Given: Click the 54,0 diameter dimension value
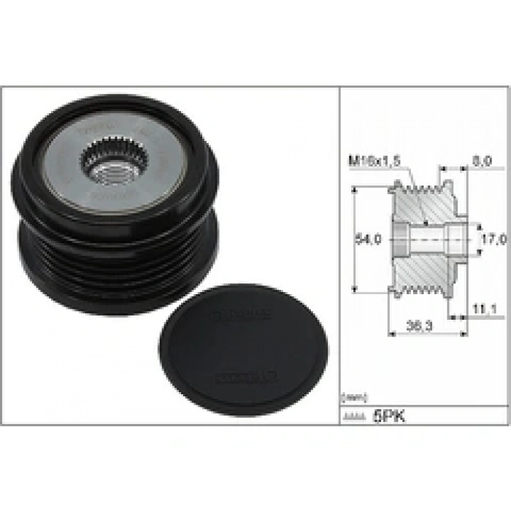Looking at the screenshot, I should (x=364, y=239).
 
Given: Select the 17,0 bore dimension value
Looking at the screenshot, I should (x=495, y=239).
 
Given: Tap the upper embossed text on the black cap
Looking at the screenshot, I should (x=241, y=315).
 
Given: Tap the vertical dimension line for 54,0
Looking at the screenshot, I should (x=353, y=239).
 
